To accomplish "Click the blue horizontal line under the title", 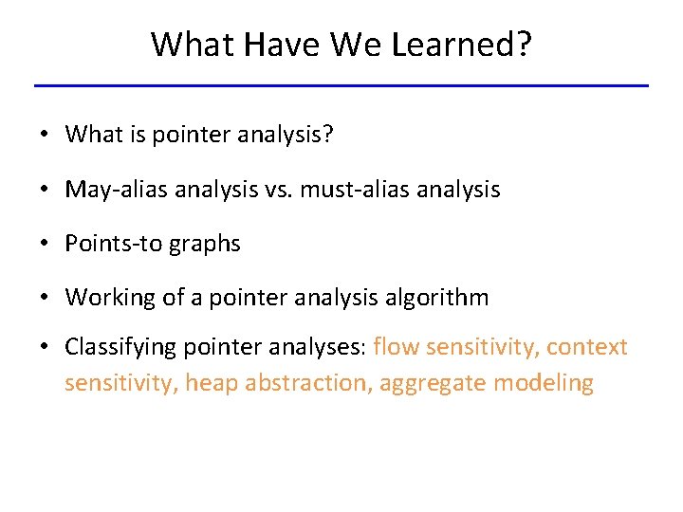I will pyautogui.click(x=341, y=85).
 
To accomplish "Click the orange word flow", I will pyautogui.click(x=397, y=347).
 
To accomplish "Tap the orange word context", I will pyautogui.click(x=587, y=347).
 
